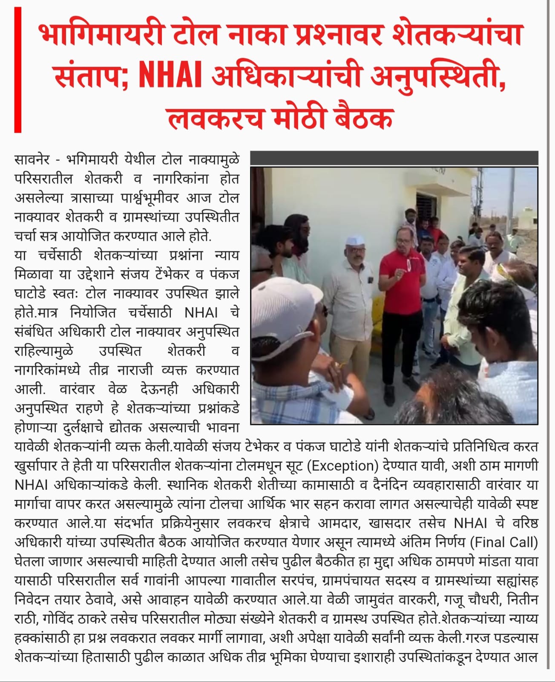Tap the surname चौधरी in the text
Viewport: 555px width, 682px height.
481,600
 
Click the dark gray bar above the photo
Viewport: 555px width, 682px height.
394,159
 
